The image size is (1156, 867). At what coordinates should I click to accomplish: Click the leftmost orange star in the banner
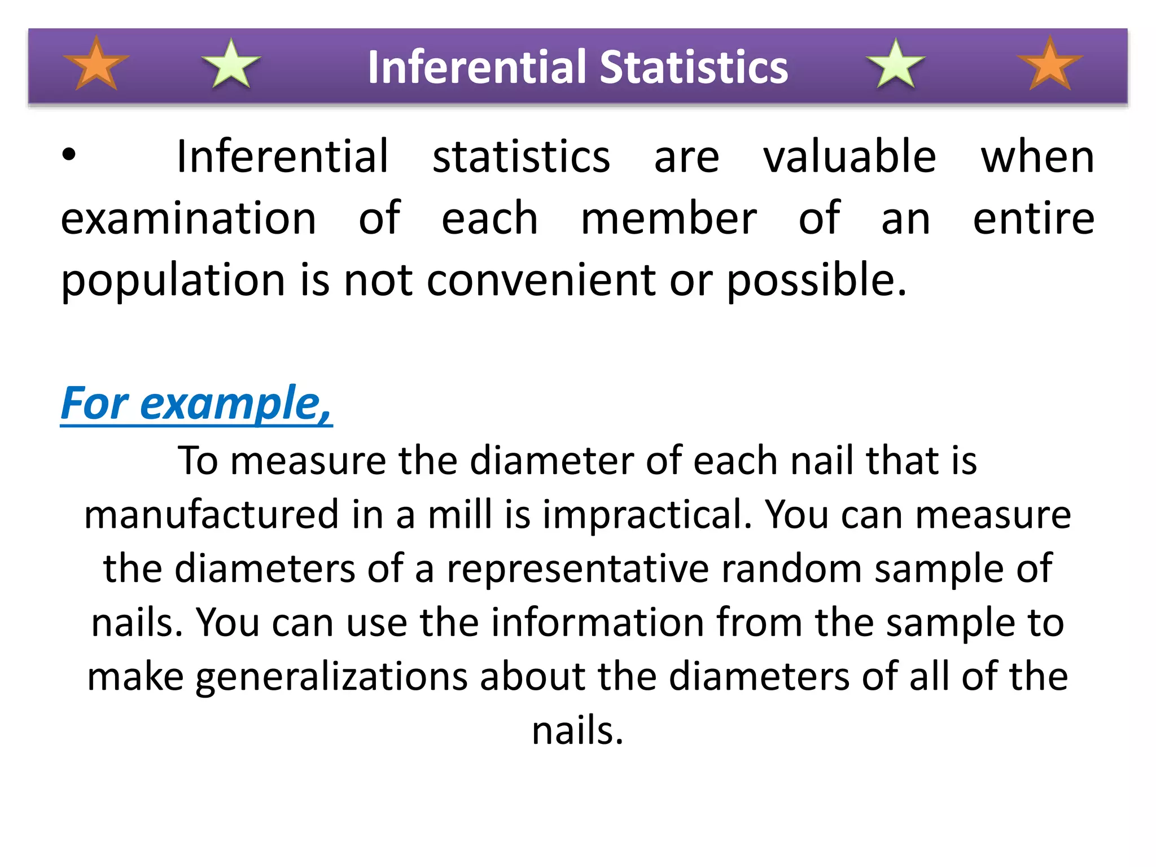pos(97,65)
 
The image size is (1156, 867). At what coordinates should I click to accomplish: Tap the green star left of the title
pos(231,65)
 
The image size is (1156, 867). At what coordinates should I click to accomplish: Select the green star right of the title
pos(896,65)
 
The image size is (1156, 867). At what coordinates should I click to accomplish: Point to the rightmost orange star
pos(1049,65)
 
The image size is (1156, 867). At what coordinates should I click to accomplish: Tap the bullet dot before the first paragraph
pos(69,155)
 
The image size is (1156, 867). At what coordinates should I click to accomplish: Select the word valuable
pos(850,157)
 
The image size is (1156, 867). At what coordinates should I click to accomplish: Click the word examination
pos(189,219)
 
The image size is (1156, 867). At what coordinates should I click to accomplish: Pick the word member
pos(669,219)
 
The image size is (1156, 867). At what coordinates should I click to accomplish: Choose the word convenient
pos(541,280)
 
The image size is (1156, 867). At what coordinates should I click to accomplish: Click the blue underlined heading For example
pos(196,404)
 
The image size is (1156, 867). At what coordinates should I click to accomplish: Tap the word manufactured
pos(212,515)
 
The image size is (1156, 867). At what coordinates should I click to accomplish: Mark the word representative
pos(578,569)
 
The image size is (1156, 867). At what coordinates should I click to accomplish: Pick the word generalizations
pos(332,677)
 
